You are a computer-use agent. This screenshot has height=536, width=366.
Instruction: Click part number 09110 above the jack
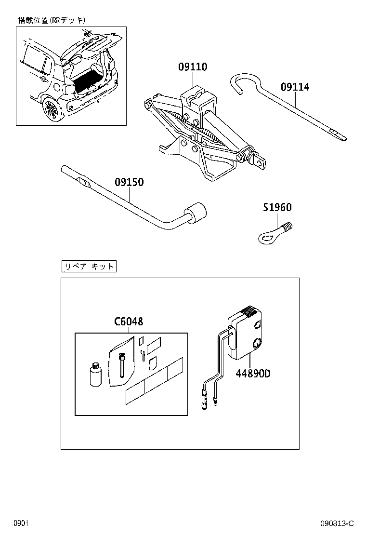click(193, 67)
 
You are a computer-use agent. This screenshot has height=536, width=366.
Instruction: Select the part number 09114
click(295, 87)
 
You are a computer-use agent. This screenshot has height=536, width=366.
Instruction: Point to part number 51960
click(277, 208)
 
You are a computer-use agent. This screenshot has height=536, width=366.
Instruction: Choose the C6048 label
click(129, 322)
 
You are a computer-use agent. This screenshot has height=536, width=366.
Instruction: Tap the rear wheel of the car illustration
click(51, 110)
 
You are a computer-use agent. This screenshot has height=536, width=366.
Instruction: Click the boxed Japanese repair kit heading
click(89, 266)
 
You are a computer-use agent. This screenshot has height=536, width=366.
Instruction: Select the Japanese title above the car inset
click(52, 20)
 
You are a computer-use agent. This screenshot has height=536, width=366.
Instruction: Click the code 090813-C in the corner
click(337, 523)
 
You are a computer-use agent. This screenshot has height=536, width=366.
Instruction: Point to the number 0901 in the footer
click(21, 523)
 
